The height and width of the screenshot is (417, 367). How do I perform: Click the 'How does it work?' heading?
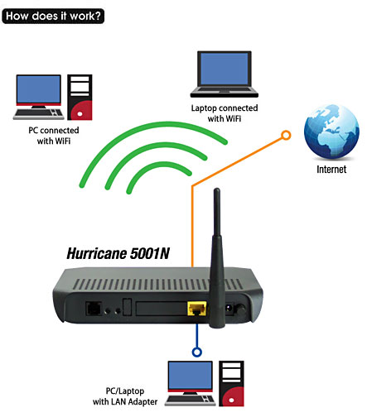click(53, 16)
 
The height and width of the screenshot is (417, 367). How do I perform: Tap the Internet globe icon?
click(331, 132)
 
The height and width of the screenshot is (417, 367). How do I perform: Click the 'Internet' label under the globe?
click(331, 170)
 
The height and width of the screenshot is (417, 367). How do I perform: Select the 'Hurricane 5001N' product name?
click(118, 253)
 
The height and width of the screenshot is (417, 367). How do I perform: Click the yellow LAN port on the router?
click(197, 309)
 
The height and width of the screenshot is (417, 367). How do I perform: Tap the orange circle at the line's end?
click(286, 135)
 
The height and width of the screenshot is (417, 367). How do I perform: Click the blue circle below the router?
click(197, 352)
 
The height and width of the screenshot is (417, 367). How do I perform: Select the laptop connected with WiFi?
click(225, 74)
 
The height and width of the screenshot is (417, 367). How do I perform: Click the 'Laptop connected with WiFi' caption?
click(225, 113)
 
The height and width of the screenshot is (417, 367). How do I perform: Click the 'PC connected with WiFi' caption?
click(54, 136)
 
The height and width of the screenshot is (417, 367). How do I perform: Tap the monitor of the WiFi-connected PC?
click(39, 91)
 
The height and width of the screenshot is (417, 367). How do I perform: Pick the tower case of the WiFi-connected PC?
click(80, 97)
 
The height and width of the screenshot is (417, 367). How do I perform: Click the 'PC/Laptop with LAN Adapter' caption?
click(125, 396)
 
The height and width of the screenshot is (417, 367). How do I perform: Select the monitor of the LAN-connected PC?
click(191, 377)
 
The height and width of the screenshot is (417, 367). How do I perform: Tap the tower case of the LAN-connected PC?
click(231, 384)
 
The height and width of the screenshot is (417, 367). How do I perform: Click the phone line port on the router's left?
click(94, 309)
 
